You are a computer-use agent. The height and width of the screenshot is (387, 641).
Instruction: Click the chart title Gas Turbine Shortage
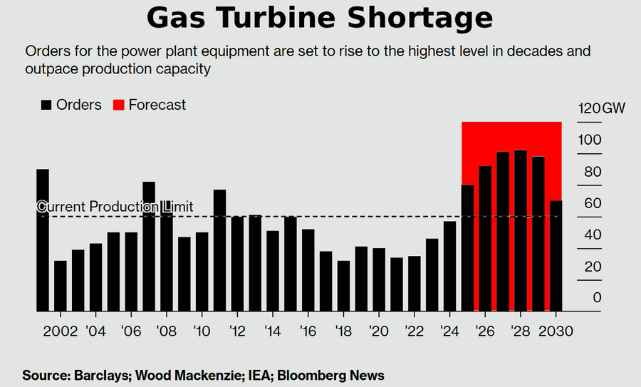point(320,19)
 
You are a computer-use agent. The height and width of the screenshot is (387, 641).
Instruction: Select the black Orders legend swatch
point(46,105)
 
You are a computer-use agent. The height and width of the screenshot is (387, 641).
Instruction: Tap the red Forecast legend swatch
point(118,105)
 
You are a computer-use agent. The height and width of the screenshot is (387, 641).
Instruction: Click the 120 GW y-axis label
point(601,108)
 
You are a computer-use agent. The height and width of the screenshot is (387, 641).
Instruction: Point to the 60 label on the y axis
point(593,203)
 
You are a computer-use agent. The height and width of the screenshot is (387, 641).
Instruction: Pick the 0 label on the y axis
point(598,298)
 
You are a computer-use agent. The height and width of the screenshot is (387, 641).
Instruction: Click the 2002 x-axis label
point(60,331)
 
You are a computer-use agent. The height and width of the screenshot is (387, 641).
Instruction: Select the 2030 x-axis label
point(556,331)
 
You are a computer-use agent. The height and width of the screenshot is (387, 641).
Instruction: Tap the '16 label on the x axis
point(308,331)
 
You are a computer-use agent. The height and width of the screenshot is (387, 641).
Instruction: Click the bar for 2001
point(43,240)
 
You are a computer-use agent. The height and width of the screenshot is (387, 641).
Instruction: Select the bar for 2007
point(149,247)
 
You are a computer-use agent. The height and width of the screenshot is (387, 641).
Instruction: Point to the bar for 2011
point(219,250)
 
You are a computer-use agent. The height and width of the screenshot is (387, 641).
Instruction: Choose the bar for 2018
point(343,286)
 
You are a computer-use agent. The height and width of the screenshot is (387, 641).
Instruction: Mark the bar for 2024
point(449,267)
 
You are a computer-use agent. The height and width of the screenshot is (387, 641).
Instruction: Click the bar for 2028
point(521,231)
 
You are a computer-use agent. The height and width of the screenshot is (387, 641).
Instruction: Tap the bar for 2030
point(556,256)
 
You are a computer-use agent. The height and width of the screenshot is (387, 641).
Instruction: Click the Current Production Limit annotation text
point(115,207)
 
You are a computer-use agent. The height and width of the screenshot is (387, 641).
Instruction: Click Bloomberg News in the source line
point(330,376)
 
